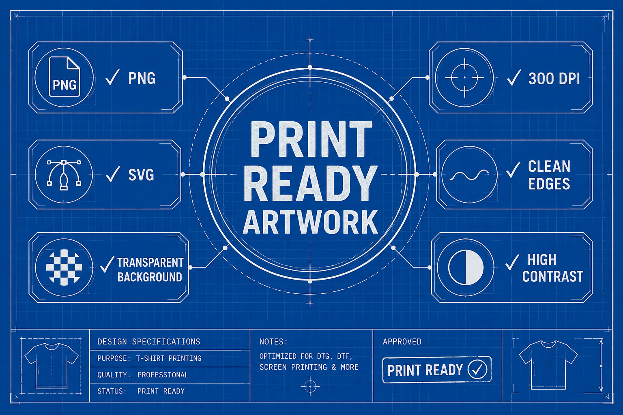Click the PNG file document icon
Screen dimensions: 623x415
[x=64, y=77]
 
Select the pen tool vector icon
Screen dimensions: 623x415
[x=64, y=175]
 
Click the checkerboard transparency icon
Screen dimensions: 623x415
[x=64, y=267]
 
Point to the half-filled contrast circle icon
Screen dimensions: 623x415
[x=466, y=267]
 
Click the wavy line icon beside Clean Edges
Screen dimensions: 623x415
[x=469, y=175]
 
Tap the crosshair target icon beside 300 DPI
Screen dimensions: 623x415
[x=464, y=77]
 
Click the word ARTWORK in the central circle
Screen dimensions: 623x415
[x=310, y=222]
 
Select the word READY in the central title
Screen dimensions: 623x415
[x=310, y=183]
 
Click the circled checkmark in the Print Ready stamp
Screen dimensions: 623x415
[x=477, y=369]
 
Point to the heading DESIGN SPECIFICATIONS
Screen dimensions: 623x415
[x=149, y=342]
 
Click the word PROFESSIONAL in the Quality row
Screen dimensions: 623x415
[x=163, y=375]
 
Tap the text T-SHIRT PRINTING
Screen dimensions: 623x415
[x=169, y=358]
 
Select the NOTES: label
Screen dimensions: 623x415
[x=273, y=342]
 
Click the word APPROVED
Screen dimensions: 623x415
[x=402, y=342]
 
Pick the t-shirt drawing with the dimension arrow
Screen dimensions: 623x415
[x=548, y=365]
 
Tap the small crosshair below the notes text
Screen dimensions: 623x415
[x=310, y=386]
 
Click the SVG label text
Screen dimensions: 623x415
[x=141, y=175]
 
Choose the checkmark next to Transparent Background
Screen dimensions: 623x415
[x=107, y=264]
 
